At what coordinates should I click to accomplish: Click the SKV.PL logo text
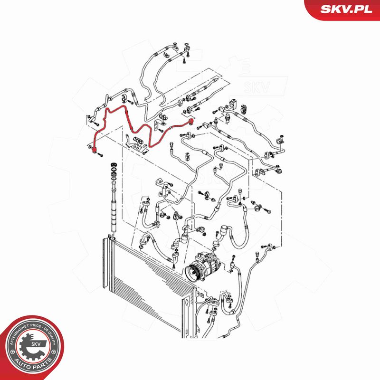(x=346, y=9)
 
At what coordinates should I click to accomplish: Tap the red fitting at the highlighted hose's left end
(x=94, y=150)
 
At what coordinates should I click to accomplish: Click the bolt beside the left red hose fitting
(x=100, y=154)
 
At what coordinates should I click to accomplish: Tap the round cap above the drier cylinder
(x=114, y=165)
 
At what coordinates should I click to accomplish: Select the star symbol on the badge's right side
(x=54, y=351)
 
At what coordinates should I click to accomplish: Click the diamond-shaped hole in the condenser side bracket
(x=186, y=303)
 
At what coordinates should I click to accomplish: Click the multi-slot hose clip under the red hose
(x=139, y=140)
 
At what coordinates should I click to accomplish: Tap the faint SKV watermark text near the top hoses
(x=257, y=88)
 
